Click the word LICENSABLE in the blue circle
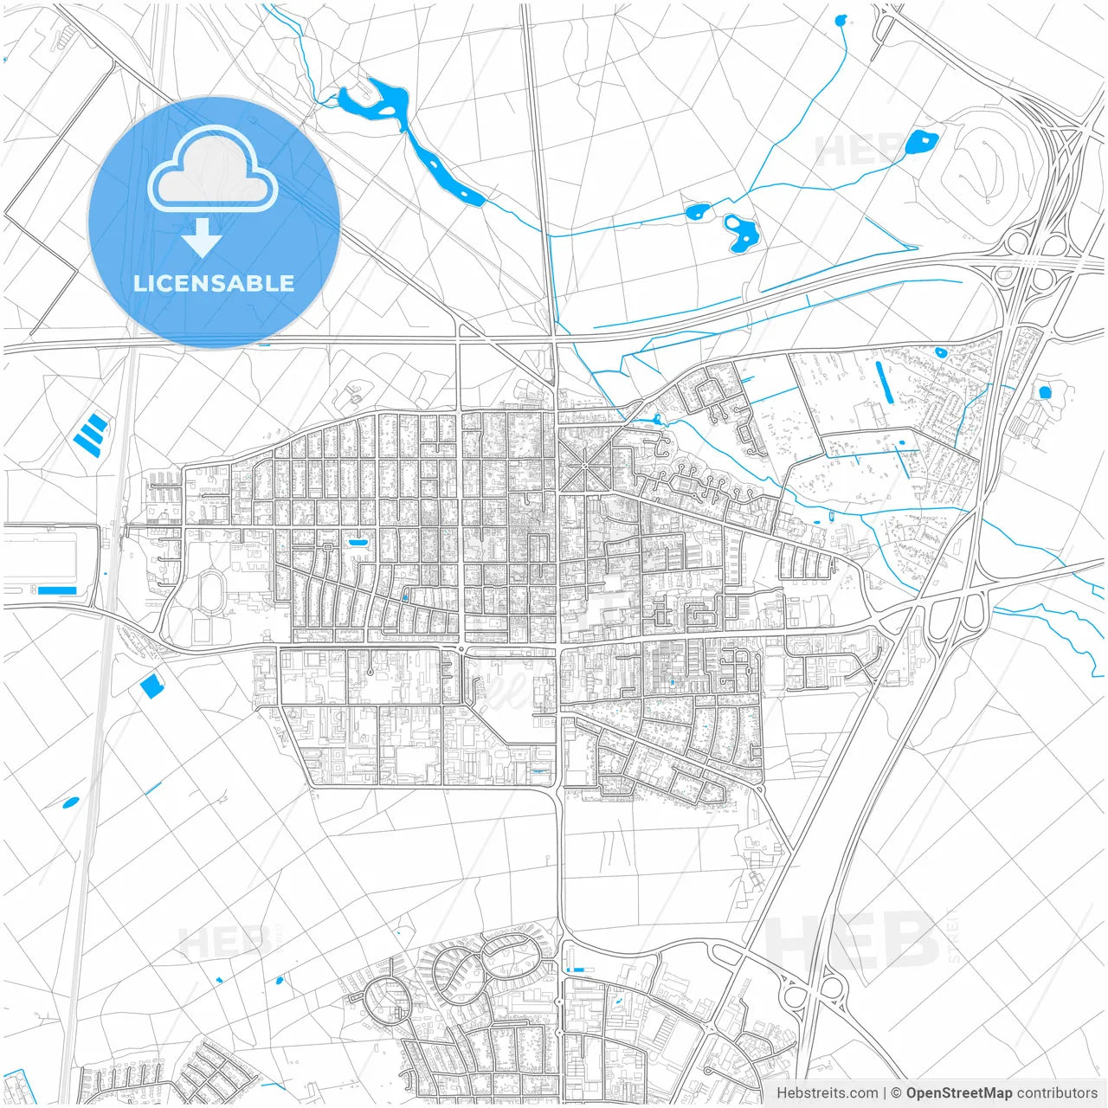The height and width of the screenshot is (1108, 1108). click(213, 283)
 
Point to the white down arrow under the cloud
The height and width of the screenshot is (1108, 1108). click(203, 238)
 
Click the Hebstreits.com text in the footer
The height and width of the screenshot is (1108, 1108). click(827, 1093)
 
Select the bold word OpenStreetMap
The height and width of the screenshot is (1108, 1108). click(958, 1093)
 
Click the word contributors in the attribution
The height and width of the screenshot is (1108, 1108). click(1056, 1093)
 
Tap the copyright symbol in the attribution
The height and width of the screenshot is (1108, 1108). click(896, 1093)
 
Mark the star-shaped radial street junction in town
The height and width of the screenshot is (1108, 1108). click(584, 467)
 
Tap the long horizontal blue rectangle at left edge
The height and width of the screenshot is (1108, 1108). click(57, 590)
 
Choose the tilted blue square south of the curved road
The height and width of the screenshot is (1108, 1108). click(151, 686)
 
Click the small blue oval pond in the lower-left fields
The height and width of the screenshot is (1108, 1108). click(70, 802)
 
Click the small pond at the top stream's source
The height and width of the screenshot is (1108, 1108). click(840, 20)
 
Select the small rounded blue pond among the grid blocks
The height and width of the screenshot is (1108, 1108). click(357, 542)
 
